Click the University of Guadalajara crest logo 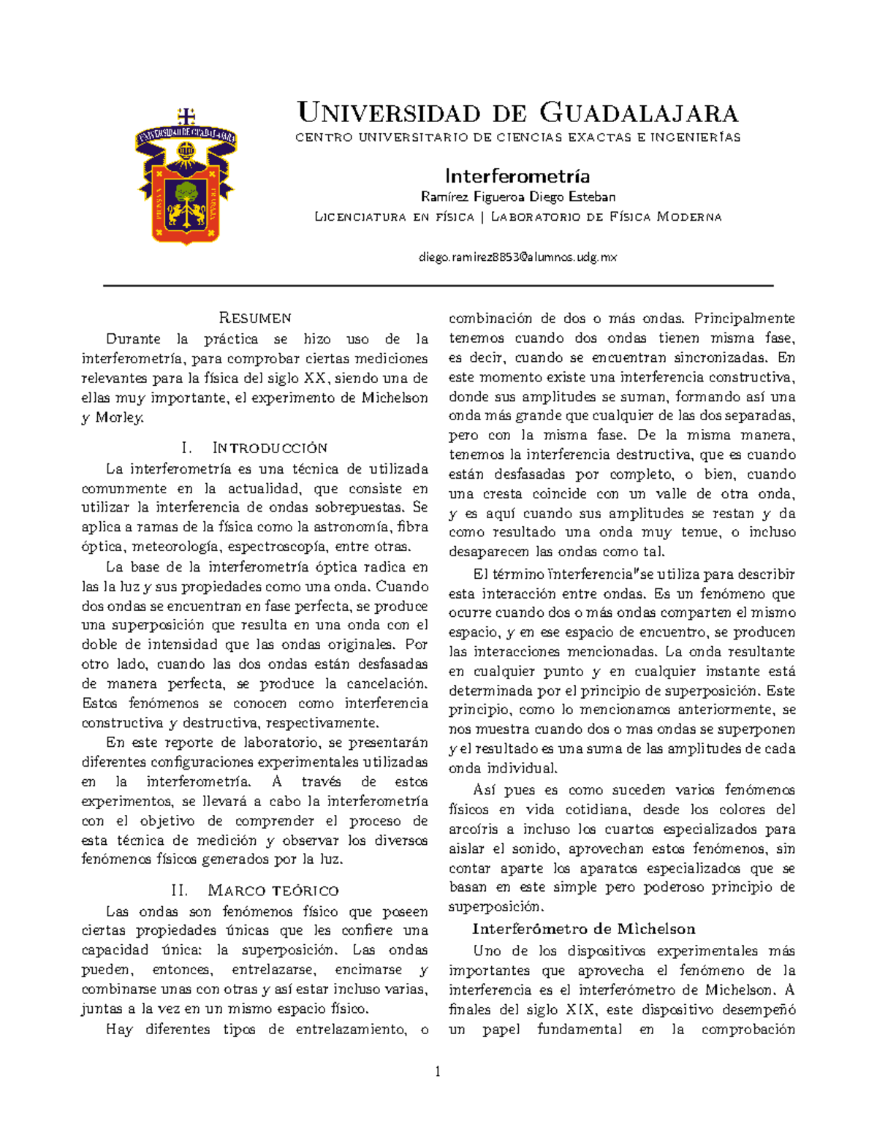186,175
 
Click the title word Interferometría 517,176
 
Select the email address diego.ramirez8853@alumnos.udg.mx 517,257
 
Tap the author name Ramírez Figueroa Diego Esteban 517,197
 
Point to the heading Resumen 255,318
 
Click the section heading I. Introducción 254,448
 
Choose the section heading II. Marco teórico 254,890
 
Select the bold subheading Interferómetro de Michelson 583,929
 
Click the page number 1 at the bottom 438,1072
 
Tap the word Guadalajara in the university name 639,113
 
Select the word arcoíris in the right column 473,830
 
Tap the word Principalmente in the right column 744,319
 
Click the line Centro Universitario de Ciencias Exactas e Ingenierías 517,137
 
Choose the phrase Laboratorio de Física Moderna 606,216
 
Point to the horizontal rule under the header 438,286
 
